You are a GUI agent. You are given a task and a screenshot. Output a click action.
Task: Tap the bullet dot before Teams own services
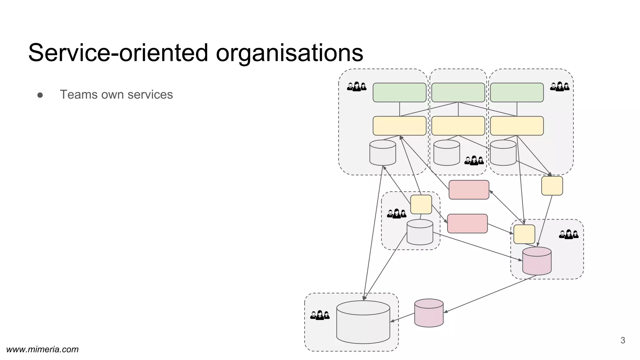coord(40,95)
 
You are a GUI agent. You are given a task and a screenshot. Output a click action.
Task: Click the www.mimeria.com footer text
coord(42,349)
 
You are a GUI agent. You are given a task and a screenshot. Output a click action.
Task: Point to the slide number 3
coord(622,341)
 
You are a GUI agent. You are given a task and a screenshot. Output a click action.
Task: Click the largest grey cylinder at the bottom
coord(363,322)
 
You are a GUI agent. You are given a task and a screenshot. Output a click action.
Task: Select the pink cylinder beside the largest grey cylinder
coord(429,313)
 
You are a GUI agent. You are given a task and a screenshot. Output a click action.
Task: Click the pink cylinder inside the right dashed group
coord(537,261)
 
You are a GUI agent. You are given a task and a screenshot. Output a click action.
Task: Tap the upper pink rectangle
coord(469,190)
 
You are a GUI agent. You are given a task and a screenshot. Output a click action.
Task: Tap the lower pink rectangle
coord(467,223)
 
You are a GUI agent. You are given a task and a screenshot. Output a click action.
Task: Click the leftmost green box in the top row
coord(399,92)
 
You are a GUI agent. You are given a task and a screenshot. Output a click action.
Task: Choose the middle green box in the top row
coord(458,92)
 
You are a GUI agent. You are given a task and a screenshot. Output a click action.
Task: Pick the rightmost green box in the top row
coord(517,92)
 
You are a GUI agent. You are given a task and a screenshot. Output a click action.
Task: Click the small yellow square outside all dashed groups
coord(552,186)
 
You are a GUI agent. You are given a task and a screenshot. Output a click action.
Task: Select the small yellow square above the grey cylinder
coord(421,204)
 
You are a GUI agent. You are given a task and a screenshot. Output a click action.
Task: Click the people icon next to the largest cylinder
coord(320,315)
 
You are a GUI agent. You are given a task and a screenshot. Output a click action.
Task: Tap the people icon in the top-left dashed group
coord(357,87)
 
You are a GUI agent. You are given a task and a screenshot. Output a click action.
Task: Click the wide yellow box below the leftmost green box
coord(399,126)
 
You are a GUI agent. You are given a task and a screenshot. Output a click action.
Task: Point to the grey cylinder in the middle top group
coord(447,153)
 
